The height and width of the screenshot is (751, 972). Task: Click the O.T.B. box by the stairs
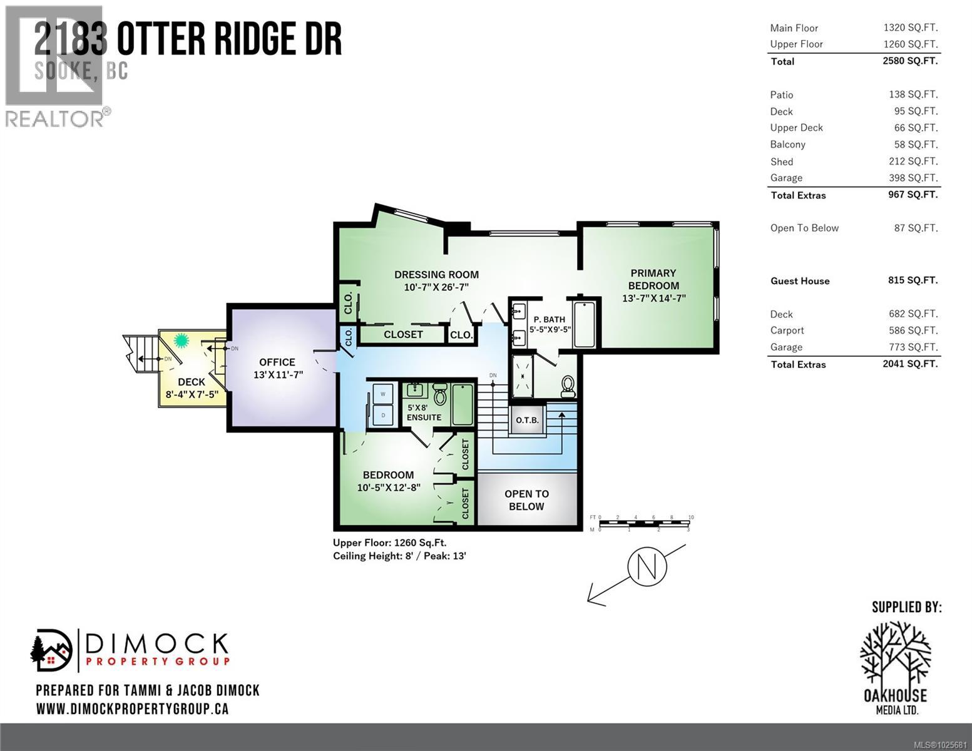[x=527, y=420]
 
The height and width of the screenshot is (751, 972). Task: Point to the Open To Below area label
[x=526, y=500]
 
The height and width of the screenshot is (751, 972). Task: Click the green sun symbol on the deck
[x=182, y=341]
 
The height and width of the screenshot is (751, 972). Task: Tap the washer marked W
[x=382, y=394]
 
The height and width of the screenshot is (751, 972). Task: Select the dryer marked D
[x=382, y=415]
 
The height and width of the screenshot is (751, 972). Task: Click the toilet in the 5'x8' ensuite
[x=439, y=394]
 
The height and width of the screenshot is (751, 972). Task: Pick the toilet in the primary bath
[x=568, y=386]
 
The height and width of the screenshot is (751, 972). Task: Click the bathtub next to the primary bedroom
[x=585, y=324]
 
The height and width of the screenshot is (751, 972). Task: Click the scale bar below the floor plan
[x=645, y=523]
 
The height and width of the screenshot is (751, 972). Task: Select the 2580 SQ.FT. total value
[x=912, y=61]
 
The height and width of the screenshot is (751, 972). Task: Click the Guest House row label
[x=799, y=281]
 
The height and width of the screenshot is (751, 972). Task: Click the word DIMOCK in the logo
[x=156, y=643]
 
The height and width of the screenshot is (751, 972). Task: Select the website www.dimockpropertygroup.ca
[x=132, y=709]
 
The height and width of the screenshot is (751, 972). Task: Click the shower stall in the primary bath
[x=523, y=375]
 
